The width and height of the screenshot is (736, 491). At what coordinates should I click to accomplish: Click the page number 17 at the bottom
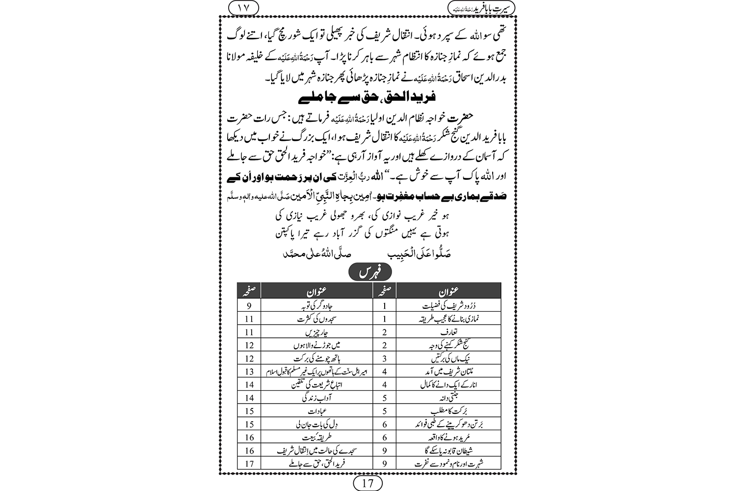[x=368, y=483]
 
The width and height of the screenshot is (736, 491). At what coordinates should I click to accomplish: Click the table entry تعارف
[x=442, y=332]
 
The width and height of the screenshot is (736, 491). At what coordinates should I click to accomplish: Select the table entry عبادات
[x=316, y=411]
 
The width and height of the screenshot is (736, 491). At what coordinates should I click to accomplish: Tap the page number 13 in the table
[x=249, y=372]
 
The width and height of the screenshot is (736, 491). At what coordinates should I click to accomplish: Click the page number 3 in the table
[x=385, y=358]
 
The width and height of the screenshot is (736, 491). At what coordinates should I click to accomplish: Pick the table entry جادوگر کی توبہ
[x=316, y=305]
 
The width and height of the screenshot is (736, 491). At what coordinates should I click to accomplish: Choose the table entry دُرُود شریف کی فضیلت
[x=442, y=305]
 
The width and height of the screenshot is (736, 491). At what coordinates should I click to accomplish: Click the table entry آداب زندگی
[x=316, y=398]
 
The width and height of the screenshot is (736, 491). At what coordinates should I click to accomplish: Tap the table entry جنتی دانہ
[x=442, y=398]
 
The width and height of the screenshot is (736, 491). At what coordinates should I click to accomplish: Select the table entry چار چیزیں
[x=316, y=332]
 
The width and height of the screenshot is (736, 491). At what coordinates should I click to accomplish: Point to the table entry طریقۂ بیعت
[x=316, y=437]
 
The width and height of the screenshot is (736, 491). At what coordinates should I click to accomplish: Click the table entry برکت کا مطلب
[x=442, y=411]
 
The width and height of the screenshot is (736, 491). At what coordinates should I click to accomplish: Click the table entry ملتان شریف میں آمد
[x=442, y=372]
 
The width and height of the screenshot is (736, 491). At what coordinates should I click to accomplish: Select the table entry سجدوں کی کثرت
[x=316, y=319]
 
